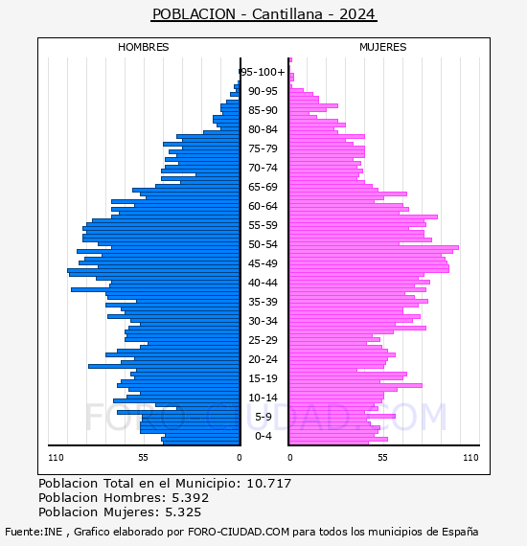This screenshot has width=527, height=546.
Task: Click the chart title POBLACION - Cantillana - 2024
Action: (263, 14)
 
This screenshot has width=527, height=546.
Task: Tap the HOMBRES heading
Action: (143, 47)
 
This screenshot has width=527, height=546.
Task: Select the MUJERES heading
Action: (383, 47)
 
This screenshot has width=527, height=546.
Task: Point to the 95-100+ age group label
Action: (263, 72)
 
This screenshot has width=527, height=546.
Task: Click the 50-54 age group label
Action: (263, 244)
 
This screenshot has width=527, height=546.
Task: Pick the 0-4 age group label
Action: (263, 436)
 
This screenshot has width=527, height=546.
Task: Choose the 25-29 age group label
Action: (263, 340)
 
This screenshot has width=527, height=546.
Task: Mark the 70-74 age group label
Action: (263, 168)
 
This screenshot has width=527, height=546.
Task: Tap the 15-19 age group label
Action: (263, 378)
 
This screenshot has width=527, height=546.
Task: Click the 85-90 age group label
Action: (263, 110)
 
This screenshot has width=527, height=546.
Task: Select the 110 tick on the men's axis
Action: (56, 458)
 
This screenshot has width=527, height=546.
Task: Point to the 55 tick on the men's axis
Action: (143, 458)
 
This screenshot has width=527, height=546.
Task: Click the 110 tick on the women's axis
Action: (470, 458)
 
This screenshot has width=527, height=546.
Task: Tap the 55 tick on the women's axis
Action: (383, 458)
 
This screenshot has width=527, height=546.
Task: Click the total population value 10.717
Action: (268, 484)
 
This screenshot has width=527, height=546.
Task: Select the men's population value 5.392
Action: (190, 498)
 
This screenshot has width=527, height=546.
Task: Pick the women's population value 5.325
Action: (183, 512)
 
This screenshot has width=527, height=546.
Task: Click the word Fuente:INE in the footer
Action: (34, 532)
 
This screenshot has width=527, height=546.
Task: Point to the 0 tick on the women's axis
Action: (290, 458)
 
